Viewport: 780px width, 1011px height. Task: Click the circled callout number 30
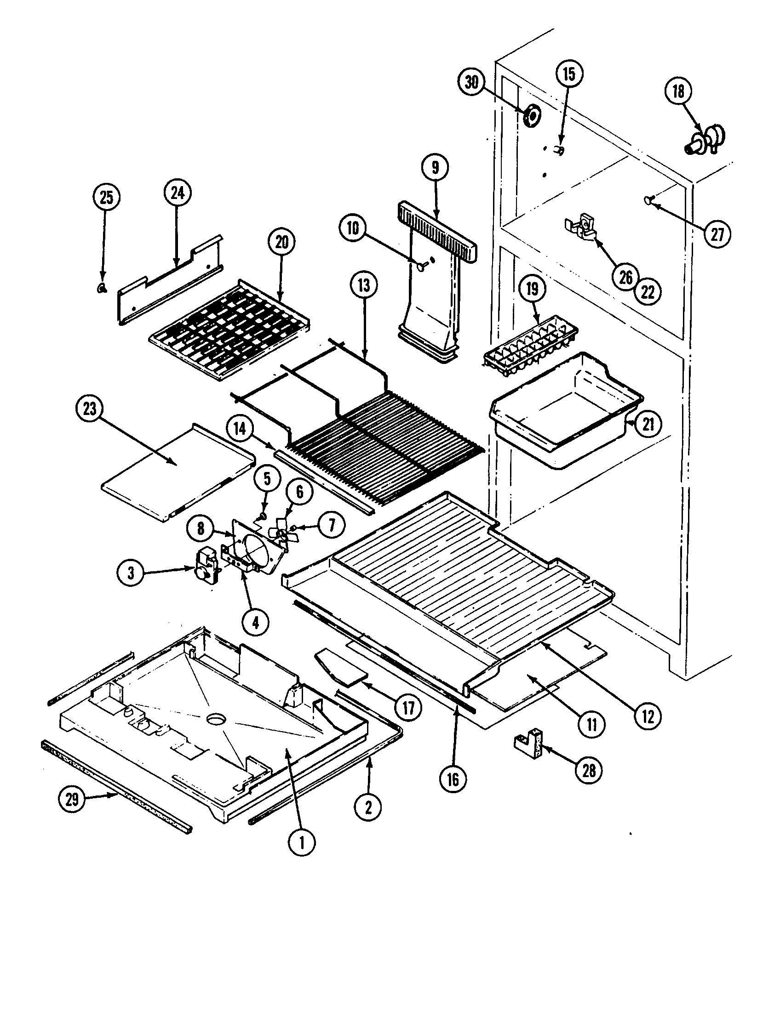[471, 82]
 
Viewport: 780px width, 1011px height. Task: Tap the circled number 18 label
[677, 91]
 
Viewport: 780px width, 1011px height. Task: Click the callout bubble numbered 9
[435, 168]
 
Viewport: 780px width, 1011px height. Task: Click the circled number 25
[106, 198]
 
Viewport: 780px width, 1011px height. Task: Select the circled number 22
[648, 292]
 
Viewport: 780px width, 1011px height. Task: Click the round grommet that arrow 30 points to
[532, 116]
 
